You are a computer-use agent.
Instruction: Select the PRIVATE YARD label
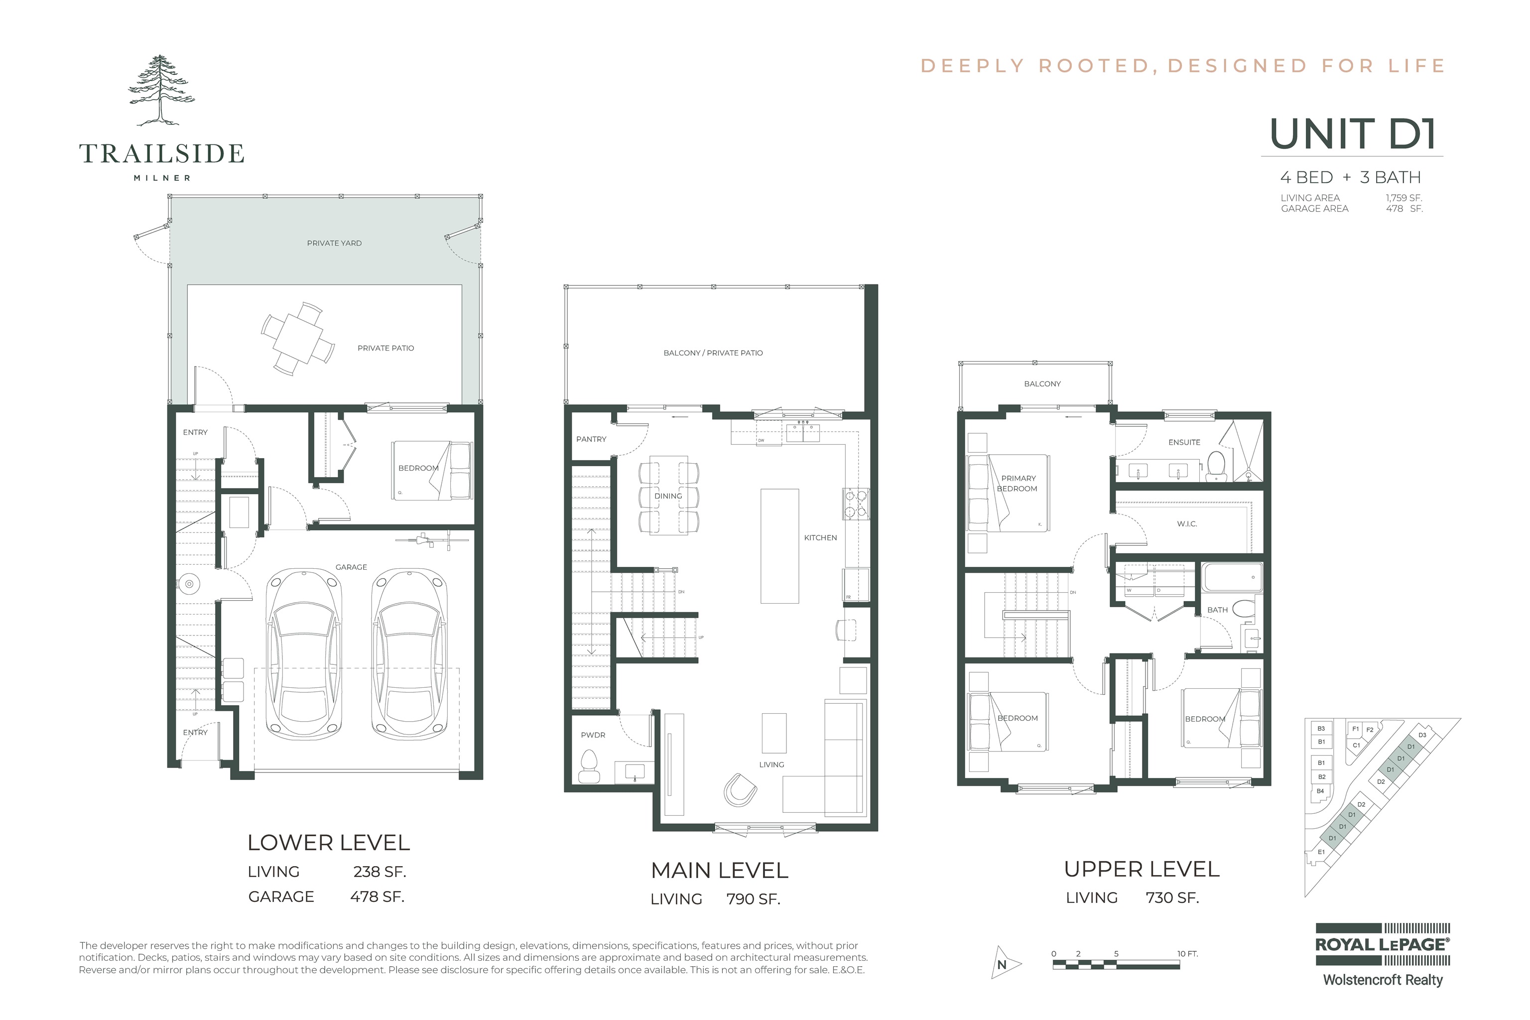(x=334, y=243)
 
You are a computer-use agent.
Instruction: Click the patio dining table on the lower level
(x=298, y=339)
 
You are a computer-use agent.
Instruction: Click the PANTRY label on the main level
(x=591, y=439)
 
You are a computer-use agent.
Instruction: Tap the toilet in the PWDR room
(x=589, y=766)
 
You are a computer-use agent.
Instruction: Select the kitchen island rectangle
(x=779, y=546)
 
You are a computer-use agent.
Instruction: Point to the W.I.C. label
(x=1186, y=523)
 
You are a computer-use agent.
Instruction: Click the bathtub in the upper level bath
(x=1231, y=577)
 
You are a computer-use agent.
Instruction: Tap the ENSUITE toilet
(x=1215, y=466)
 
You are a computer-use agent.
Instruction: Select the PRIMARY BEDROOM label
(x=1018, y=483)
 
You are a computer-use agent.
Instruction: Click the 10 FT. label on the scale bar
(x=1187, y=954)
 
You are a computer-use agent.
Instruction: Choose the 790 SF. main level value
(x=753, y=899)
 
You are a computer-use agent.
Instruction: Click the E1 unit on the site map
(x=1320, y=852)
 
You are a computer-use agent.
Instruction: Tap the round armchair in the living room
(x=740, y=789)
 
